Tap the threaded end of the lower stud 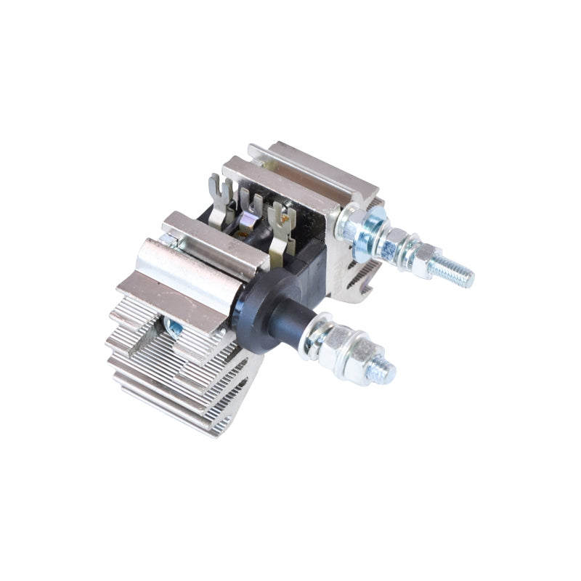(x=381, y=372)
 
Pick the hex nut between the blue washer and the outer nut (x=397, y=240)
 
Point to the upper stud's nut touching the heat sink (x=348, y=221)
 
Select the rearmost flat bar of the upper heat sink (x=312, y=163)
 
